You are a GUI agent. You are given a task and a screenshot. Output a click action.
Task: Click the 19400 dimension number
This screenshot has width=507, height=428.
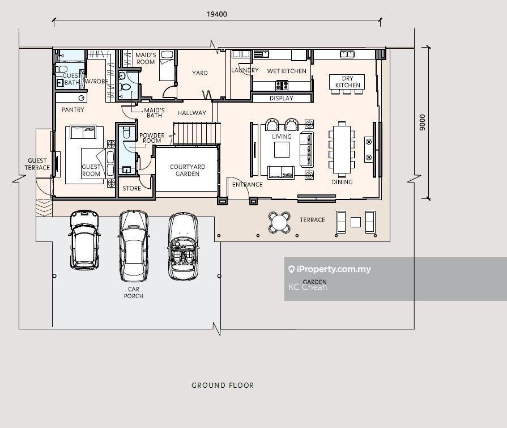[x=216, y=14]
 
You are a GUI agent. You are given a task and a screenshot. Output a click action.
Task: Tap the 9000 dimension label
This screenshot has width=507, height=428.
[x=422, y=122]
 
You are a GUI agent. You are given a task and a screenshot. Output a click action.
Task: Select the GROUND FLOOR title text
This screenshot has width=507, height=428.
[x=223, y=385]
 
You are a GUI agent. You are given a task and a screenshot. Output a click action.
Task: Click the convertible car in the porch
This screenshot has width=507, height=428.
[x=184, y=246]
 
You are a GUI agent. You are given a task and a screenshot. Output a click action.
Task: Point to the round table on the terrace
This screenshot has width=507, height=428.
[x=279, y=222]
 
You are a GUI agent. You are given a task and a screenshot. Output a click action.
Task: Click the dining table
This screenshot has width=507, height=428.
[x=342, y=149]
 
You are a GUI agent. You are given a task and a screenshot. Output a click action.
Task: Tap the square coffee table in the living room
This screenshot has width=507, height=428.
[x=282, y=150]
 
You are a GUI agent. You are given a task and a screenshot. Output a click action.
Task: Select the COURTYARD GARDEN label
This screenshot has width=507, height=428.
[x=188, y=170]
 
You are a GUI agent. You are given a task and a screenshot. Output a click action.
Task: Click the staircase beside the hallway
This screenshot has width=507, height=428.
[x=197, y=133]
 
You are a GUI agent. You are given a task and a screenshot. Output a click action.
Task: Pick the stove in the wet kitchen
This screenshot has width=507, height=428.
[x=282, y=86]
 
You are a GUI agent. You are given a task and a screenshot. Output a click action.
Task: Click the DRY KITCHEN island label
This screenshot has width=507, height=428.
[x=348, y=82]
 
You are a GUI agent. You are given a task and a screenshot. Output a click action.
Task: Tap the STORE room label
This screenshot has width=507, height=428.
[x=131, y=188]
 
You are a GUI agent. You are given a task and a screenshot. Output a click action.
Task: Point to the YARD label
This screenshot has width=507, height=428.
[x=200, y=73]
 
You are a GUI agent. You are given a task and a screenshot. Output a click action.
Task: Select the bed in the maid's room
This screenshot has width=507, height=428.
[x=167, y=66]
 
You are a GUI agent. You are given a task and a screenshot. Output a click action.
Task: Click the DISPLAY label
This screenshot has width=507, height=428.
[x=282, y=98]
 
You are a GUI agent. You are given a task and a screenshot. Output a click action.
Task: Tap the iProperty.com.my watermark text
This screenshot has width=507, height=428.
[x=333, y=269]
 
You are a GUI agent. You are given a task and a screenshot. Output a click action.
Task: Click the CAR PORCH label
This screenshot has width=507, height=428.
[x=134, y=293]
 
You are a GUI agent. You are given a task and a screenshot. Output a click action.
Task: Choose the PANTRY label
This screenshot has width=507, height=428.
[x=73, y=109]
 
